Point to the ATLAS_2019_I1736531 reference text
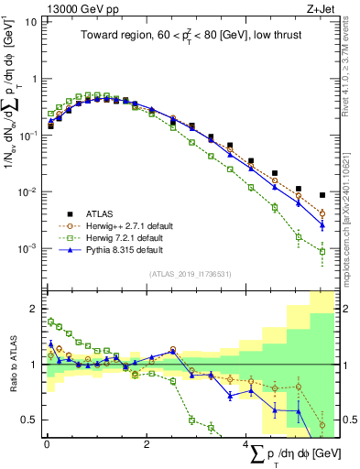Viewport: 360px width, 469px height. click(x=191, y=274)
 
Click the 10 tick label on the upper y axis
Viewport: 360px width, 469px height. click(x=29, y=22)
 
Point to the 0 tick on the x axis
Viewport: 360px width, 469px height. click(x=47, y=444)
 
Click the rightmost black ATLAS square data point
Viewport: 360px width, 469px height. click(x=322, y=195)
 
